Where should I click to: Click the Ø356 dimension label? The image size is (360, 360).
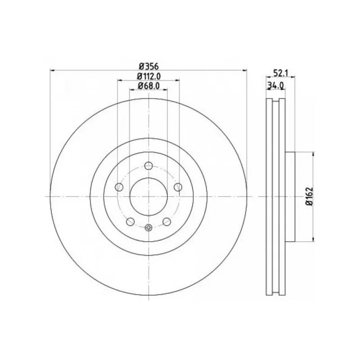(149, 66)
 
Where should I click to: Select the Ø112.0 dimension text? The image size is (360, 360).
(148, 76)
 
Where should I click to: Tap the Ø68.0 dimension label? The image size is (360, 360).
(148, 85)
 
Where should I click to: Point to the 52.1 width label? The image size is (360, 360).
(280, 73)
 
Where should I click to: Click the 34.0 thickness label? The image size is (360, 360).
(276, 85)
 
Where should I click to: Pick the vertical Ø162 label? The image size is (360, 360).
(310, 197)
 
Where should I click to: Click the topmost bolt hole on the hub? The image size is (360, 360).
(148, 165)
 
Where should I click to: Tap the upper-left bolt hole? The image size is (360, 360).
(119, 187)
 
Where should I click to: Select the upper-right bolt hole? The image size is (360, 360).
(178, 187)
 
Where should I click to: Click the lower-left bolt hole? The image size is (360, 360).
(130, 222)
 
